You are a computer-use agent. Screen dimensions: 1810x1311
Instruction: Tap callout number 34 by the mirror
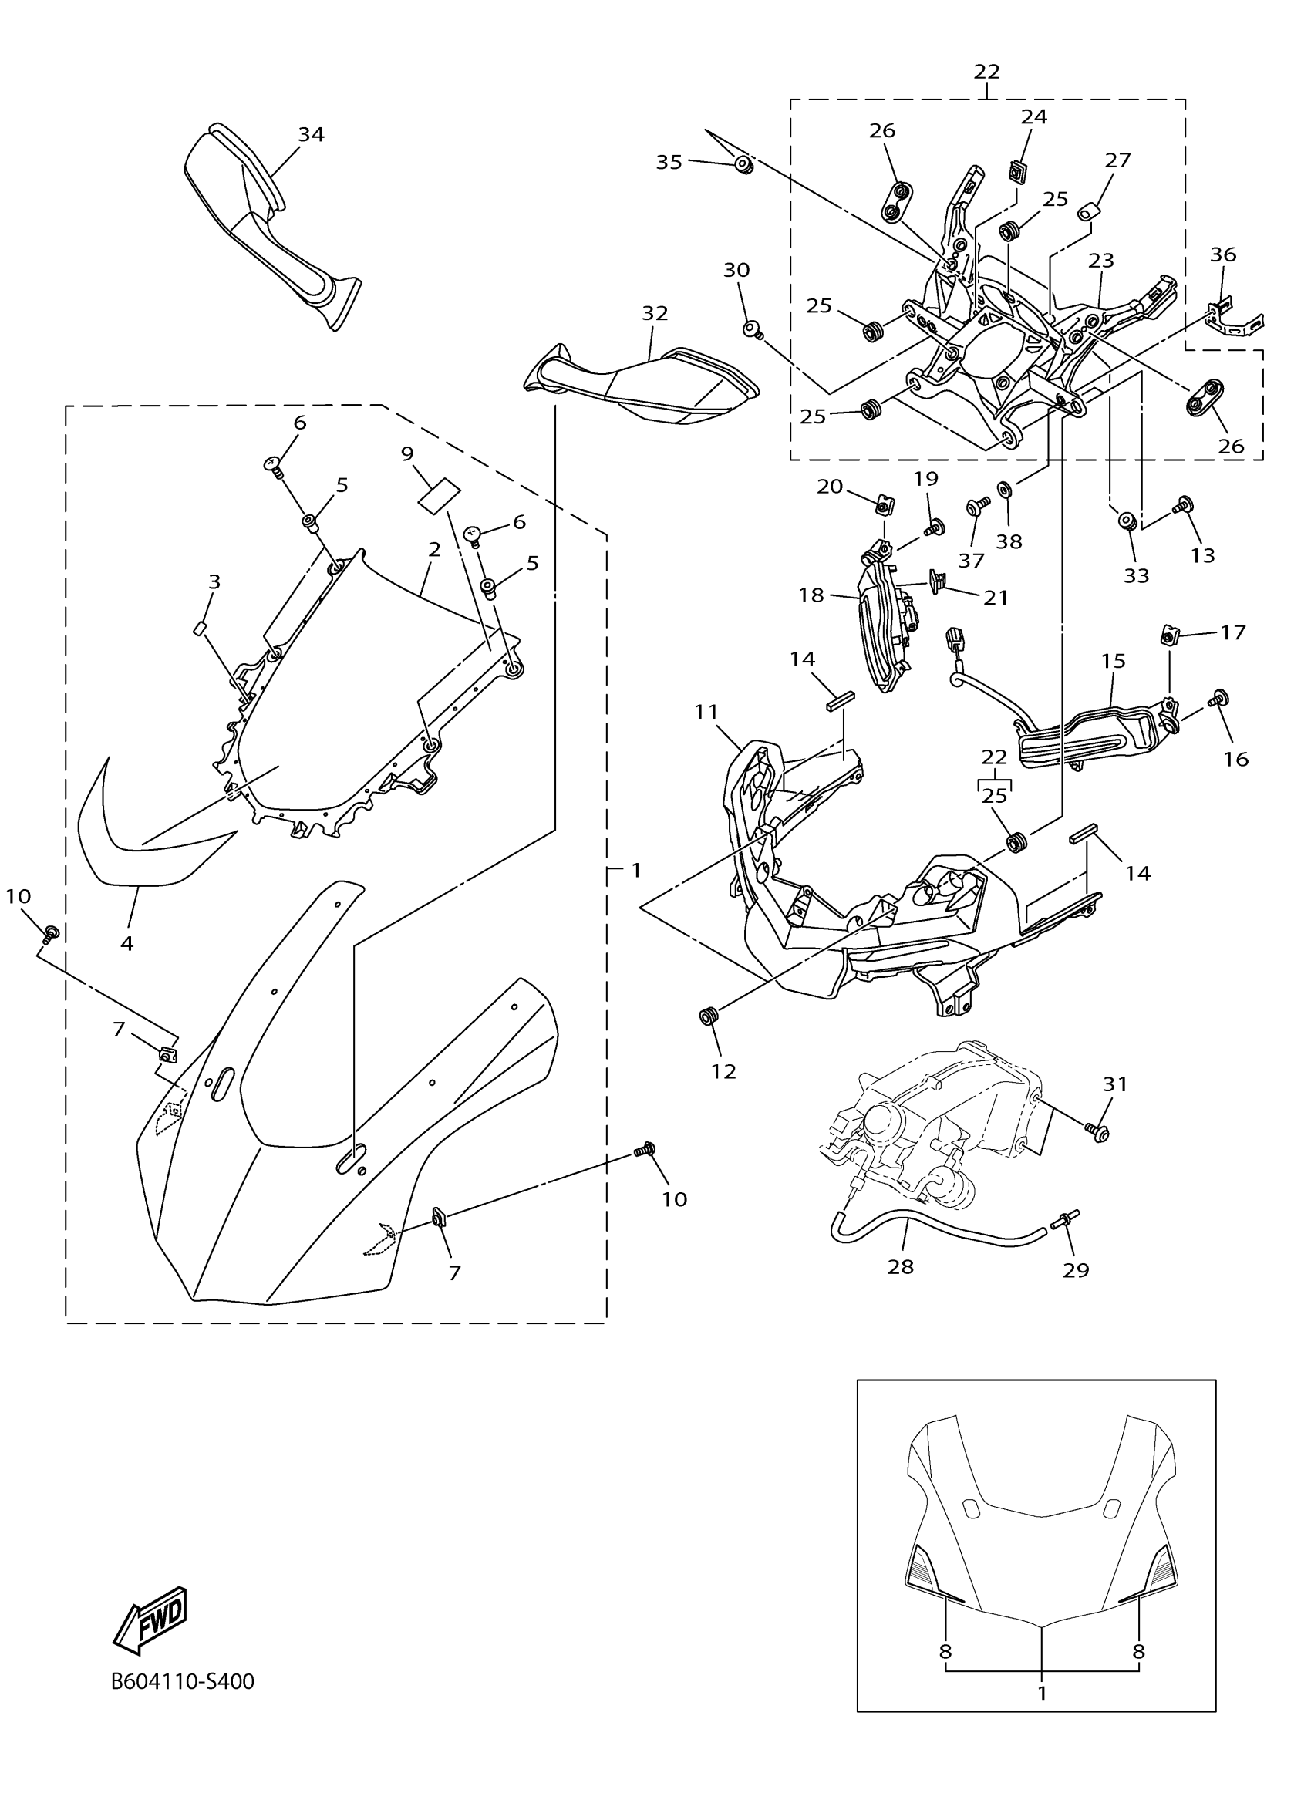(x=312, y=135)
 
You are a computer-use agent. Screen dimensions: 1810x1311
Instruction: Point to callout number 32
(x=654, y=314)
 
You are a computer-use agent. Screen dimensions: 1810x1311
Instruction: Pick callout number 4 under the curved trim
(x=127, y=943)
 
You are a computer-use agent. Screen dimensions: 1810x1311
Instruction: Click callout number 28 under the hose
(x=900, y=1266)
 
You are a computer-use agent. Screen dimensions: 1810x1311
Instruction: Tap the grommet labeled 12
(x=707, y=1016)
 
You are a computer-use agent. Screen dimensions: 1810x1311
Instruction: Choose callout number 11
(x=706, y=711)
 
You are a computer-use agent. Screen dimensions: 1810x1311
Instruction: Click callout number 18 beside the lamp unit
(x=811, y=595)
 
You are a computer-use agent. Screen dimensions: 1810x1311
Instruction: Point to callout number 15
(x=1113, y=661)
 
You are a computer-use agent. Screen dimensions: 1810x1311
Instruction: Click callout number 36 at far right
(x=1222, y=254)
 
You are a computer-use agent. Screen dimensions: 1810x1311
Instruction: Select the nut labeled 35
(x=743, y=165)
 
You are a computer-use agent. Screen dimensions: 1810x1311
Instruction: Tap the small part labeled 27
(x=1087, y=212)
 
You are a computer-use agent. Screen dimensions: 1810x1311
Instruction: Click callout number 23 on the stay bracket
(x=1101, y=260)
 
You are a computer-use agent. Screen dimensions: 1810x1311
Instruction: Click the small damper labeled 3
(x=201, y=627)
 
